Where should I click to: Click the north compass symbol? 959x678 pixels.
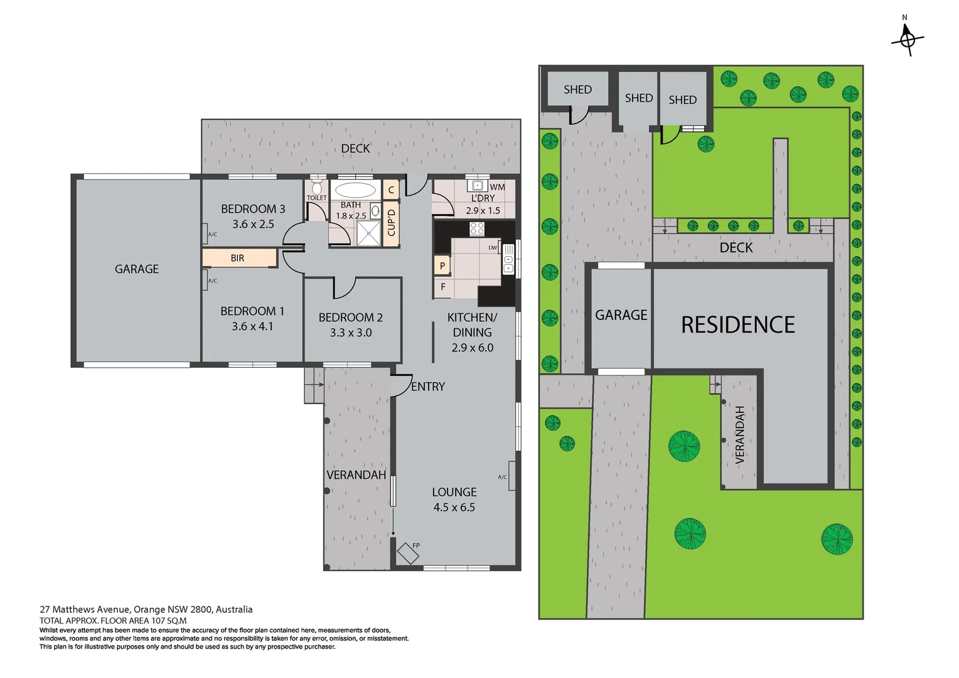click(907, 39)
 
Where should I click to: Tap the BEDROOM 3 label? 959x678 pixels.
click(253, 209)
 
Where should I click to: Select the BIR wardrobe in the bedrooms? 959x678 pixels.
click(238, 258)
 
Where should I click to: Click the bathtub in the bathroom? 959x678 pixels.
click(355, 190)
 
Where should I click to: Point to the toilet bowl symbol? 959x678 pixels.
click(316, 188)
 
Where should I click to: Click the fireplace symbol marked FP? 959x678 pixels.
click(408, 552)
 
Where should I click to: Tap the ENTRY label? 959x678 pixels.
click(428, 387)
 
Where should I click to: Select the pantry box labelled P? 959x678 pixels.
click(442, 266)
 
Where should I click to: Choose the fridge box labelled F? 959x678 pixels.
click(442, 287)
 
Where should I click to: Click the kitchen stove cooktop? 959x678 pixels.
click(477, 229)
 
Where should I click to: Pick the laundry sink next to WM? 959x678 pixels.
click(477, 186)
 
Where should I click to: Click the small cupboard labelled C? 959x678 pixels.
click(391, 190)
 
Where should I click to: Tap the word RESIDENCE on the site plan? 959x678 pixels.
click(737, 325)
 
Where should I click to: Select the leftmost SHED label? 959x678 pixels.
click(577, 90)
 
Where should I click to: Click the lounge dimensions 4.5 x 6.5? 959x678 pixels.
click(454, 507)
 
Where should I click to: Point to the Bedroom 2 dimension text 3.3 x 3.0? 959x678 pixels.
click(351, 333)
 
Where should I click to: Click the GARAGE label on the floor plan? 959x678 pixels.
click(137, 269)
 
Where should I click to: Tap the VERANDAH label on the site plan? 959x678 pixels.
click(739, 434)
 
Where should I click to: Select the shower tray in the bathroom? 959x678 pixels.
click(368, 233)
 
